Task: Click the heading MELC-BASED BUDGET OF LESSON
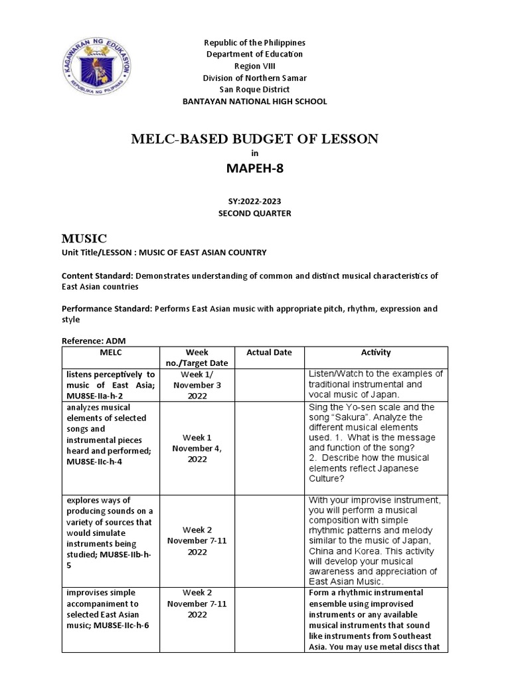(x=254, y=139)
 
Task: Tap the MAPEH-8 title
(x=254, y=169)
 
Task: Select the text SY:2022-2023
(x=254, y=201)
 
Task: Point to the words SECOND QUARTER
(x=254, y=212)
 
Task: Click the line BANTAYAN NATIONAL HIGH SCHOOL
(x=254, y=102)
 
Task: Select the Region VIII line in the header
(x=254, y=66)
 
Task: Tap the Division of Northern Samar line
(x=254, y=78)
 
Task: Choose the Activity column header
(x=375, y=353)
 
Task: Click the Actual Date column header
(x=269, y=353)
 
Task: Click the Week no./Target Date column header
(x=197, y=357)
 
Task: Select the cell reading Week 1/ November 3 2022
(x=197, y=384)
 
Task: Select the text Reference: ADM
(x=93, y=341)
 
